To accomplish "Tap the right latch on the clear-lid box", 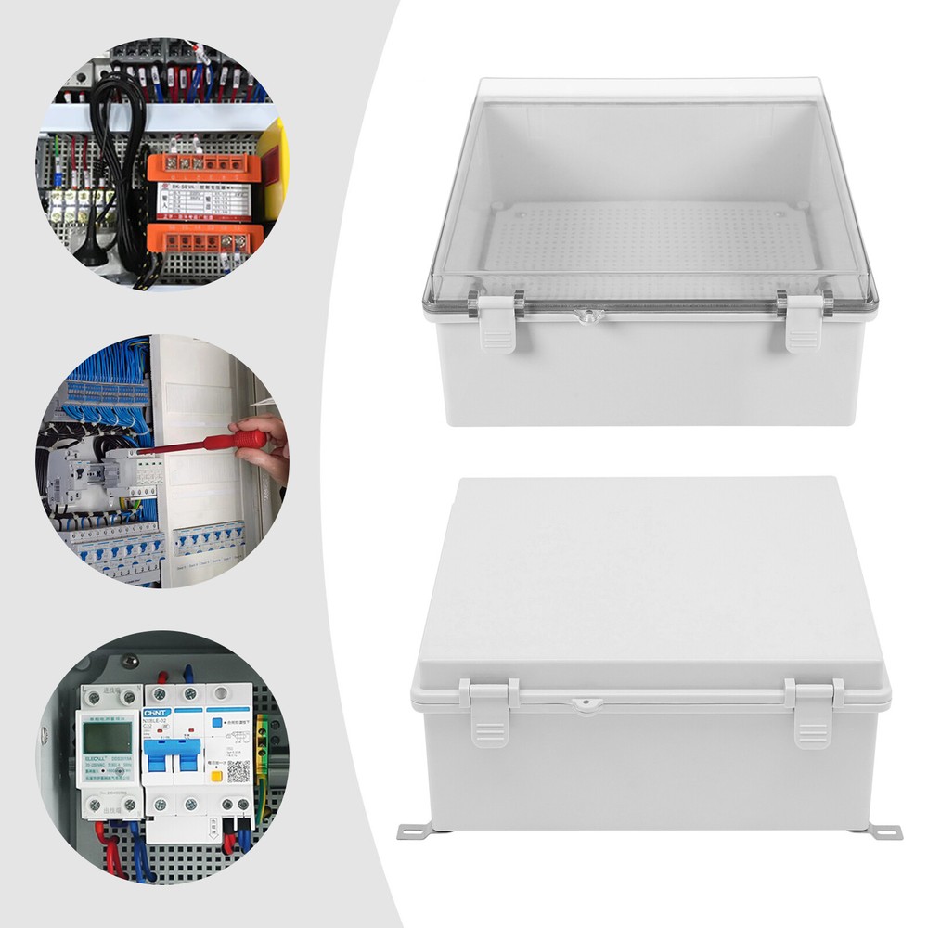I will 803,327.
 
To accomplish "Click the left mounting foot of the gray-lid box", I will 414,829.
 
